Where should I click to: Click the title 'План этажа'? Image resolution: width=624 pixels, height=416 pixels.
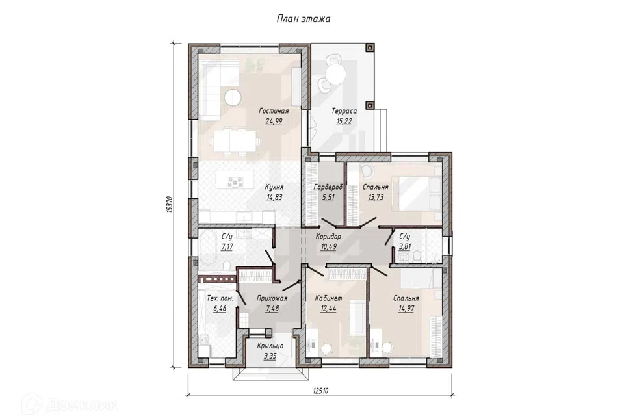(304, 19)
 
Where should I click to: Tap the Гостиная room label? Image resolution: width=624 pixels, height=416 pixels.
(274, 111)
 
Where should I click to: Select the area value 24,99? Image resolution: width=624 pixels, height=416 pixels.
(274, 121)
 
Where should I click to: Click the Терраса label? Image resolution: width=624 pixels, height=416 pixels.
(344, 111)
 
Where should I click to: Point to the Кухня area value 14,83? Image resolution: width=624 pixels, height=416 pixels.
(274, 197)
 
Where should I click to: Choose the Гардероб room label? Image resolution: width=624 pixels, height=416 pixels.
(328, 187)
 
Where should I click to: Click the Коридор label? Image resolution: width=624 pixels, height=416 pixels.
(328, 237)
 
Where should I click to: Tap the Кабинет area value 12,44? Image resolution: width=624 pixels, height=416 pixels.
(328, 308)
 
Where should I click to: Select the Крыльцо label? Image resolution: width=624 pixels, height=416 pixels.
(270, 346)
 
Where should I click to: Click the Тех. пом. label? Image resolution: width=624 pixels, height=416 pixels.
(220, 298)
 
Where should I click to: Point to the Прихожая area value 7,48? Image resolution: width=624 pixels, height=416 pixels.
(272, 308)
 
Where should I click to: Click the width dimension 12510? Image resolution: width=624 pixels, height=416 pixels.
(320, 391)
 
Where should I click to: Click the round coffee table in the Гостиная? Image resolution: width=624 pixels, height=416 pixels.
(232, 97)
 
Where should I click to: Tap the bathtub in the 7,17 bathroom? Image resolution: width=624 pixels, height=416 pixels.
(207, 248)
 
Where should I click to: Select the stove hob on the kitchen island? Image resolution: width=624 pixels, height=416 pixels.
(235, 182)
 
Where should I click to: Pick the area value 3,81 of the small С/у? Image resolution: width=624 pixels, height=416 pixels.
(405, 246)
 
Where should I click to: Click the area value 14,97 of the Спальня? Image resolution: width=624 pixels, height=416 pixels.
(406, 308)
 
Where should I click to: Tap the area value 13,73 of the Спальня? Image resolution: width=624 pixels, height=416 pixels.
(375, 197)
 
